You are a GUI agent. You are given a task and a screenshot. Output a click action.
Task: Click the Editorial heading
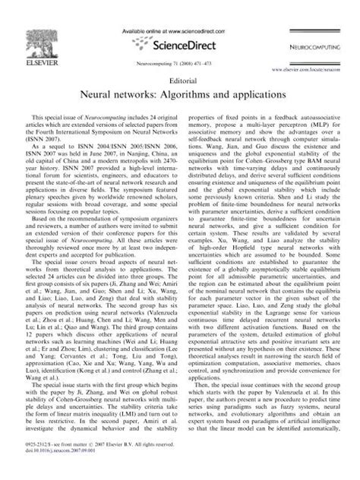[x=179, y=78]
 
